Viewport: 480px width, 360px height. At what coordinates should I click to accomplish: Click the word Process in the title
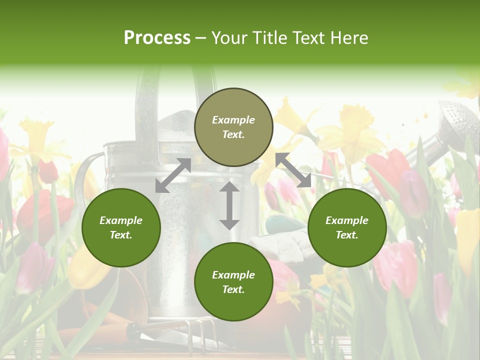(x=157, y=37)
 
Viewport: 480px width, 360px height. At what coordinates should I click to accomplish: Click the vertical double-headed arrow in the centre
(x=229, y=205)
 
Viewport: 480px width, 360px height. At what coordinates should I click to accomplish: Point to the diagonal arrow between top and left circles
(x=173, y=175)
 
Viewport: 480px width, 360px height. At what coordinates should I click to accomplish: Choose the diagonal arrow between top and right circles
(x=293, y=170)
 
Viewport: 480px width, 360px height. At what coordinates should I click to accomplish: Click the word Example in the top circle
(x=233, y=120)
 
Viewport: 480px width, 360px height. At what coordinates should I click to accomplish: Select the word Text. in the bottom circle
(x=233, y=289)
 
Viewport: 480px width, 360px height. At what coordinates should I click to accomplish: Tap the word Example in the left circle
(x=121, y=220)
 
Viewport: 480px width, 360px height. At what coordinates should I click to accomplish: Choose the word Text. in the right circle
(x=347, y=235)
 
